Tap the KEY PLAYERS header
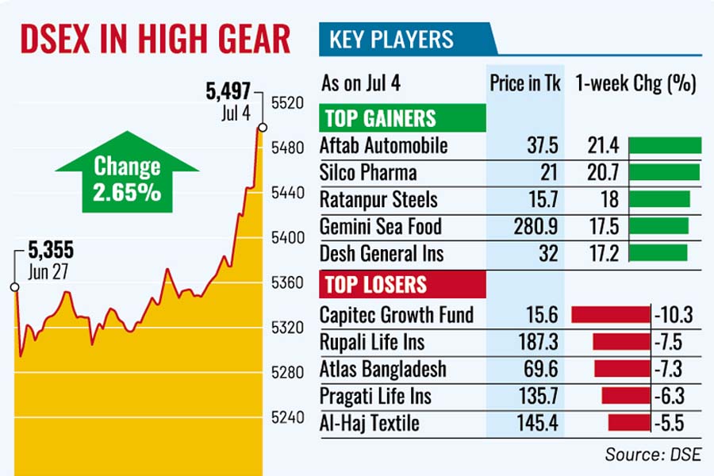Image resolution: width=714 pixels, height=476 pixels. [391, 39]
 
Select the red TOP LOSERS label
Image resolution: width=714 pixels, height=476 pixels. [374, 284]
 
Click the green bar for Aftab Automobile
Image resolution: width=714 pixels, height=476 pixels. [665, 145]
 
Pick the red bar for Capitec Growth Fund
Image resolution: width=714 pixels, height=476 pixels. [610, 315]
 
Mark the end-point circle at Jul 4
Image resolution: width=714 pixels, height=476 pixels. [262, 127]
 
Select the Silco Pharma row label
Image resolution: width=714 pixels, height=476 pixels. [367, 172]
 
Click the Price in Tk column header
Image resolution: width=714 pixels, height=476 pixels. [524, 83]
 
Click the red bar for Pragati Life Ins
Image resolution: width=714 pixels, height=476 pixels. [625, 396]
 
